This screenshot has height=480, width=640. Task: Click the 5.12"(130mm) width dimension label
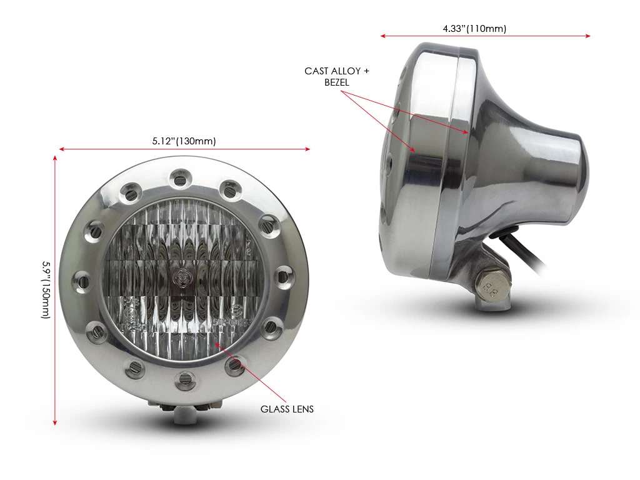(184, 141)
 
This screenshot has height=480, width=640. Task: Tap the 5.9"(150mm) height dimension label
(46, 290)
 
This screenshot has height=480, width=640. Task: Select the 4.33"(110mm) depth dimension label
(474, 29)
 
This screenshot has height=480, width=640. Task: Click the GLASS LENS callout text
(287, 409)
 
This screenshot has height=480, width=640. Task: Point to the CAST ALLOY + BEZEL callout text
(337, 76)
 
